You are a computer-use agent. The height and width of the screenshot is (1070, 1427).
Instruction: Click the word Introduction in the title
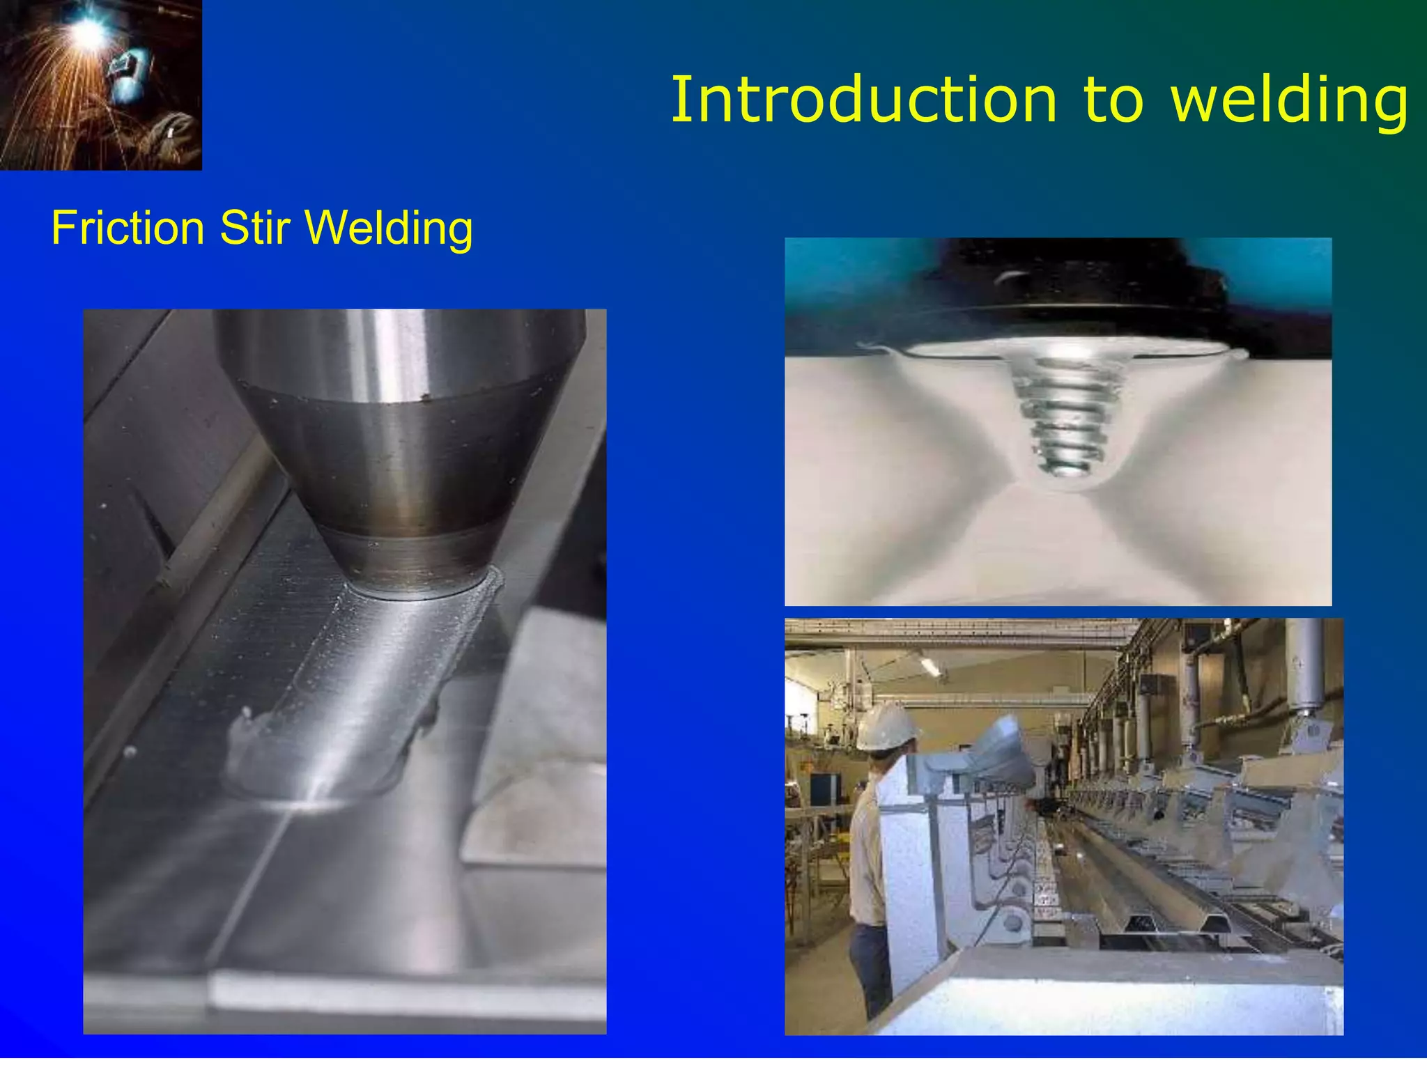pyautogui.click(x=863, y=101)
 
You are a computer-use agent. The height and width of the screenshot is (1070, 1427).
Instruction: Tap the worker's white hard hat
pyautogui.click(x=886, y=727)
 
